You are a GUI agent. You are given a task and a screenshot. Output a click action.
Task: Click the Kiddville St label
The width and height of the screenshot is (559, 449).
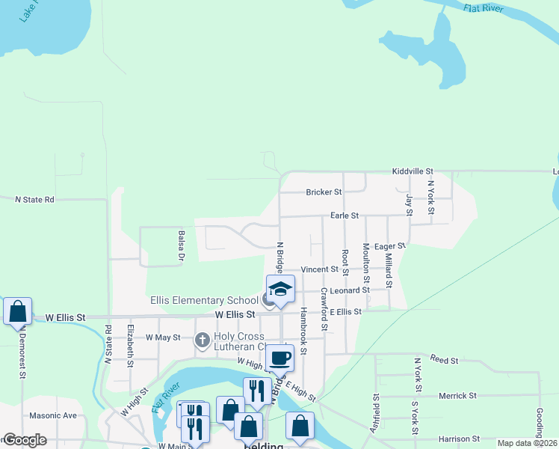pos(413,172)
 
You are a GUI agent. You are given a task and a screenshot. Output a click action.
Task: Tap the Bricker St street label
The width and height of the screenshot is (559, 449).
pos(324,192)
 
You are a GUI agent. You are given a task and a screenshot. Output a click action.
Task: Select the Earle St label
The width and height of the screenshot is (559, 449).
pos(345,216)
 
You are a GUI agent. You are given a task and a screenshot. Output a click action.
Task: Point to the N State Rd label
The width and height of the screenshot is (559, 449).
pos(35,200)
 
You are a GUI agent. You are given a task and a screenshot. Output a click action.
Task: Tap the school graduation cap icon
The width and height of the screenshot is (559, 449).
pos(280,289)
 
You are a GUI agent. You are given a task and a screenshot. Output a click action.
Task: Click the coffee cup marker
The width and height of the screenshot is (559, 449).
pos(280,358)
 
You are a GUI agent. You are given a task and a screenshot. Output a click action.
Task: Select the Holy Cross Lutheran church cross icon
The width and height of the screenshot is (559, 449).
pos(202,340)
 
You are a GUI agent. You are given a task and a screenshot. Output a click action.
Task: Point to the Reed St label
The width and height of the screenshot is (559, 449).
pos(444,361)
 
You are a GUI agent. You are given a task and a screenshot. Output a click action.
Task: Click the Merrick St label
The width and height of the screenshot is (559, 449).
pos(457,396)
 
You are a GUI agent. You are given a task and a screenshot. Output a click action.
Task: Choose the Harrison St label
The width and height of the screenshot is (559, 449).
pos(459,439)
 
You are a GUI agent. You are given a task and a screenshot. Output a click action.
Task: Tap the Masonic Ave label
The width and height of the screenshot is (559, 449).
pos(53,415)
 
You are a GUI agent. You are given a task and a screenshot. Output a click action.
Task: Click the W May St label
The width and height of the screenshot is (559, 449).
pos(163,337)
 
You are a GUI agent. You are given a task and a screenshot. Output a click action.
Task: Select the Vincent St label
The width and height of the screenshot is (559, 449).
pos(320,269)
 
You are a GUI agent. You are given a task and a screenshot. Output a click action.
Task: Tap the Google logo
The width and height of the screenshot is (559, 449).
pos(25,440)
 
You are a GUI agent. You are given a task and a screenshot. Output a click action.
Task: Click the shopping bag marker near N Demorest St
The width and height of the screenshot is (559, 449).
pos(17,311)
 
